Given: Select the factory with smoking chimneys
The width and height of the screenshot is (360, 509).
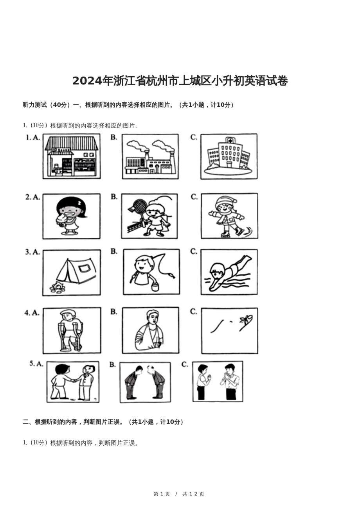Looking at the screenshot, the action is click(150, 156).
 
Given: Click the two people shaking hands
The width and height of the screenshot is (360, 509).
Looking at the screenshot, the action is click(73, 382).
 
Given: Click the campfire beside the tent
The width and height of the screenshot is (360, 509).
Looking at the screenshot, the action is click(57, 287).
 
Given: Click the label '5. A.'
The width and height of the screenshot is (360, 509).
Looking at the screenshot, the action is click(36, 364).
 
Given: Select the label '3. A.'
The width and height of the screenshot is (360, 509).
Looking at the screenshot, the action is click(32, 252).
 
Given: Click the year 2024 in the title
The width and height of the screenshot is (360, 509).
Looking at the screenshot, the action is click(87, 81).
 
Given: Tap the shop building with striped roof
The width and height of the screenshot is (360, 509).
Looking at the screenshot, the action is click(71, 156).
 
